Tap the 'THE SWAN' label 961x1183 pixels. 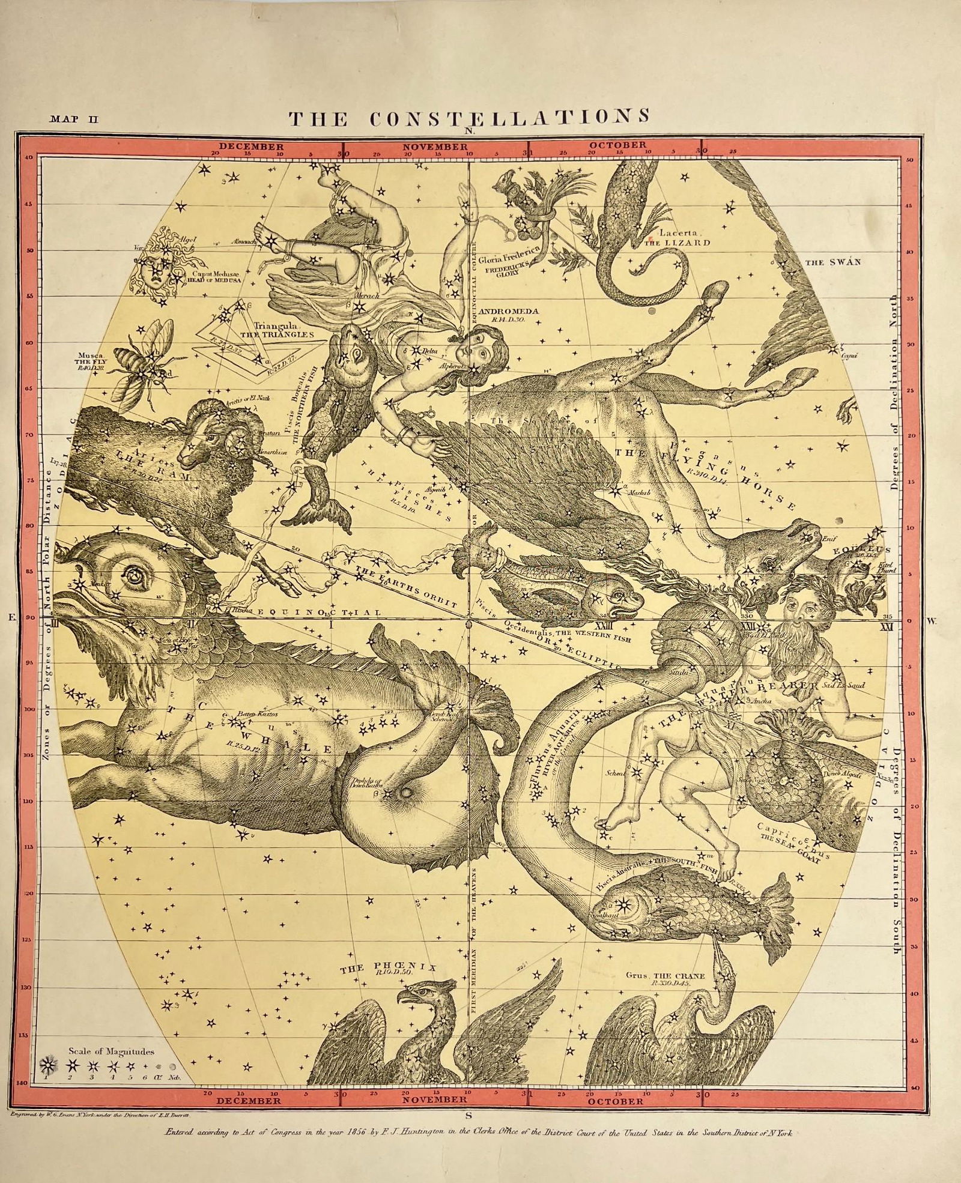pos(832,262)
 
